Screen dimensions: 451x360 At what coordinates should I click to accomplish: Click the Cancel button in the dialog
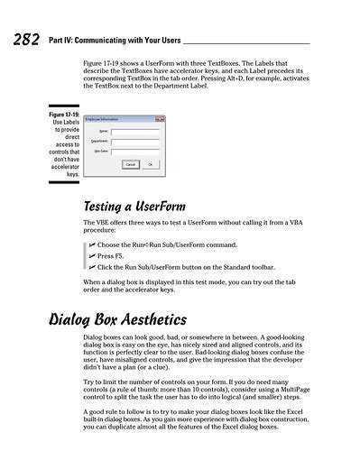click(x=131, y=164)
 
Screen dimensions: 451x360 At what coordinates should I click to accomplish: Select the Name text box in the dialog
click(x=142, y=131)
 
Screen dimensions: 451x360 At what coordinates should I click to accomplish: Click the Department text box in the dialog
click(x=142, y=141)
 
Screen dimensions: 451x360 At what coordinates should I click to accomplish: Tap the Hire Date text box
click(x=142, y=152)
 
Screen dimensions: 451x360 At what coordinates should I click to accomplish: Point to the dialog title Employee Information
click(x=104, y=119)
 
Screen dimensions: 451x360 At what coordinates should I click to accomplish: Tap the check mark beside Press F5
click(x=91, y=256)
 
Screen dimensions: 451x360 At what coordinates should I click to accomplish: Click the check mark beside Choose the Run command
click(x=91, y=244)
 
